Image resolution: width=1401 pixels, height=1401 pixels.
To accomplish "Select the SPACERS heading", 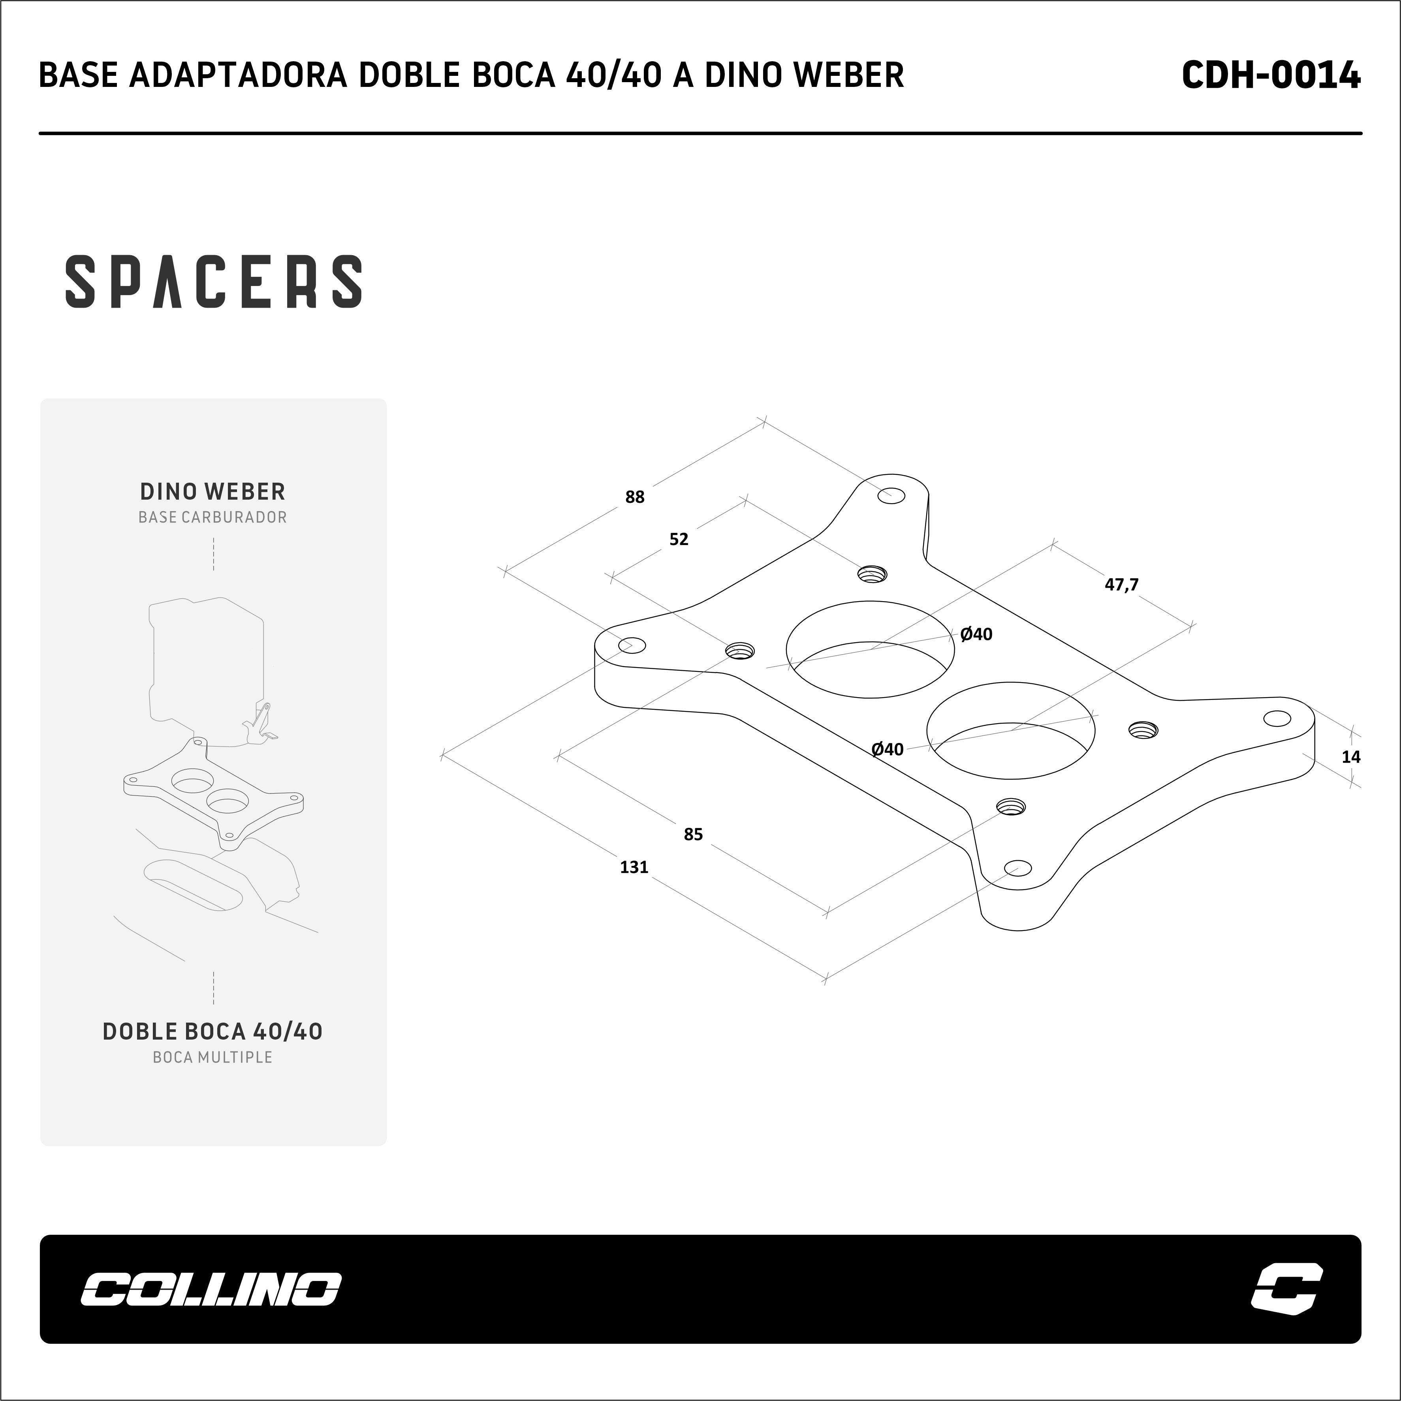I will (x=214, y=281).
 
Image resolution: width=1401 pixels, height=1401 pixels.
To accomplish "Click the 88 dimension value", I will (x=634, y=497).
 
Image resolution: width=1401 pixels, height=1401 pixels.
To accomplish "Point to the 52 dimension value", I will (x=679, y=539).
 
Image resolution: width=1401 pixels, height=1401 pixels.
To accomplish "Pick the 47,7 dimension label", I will (x=1121, y=584).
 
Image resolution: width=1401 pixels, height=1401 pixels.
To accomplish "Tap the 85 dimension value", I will (x=693, y=834).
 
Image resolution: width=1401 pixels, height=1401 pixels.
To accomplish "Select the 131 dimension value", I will (x=634, y=867).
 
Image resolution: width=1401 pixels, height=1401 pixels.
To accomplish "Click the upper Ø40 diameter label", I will (x=976, y=634).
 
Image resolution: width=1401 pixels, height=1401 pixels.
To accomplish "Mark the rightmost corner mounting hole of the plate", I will (x=1277, y=718).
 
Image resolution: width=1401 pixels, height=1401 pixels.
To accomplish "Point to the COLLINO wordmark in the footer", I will (x=210, y=1288).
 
